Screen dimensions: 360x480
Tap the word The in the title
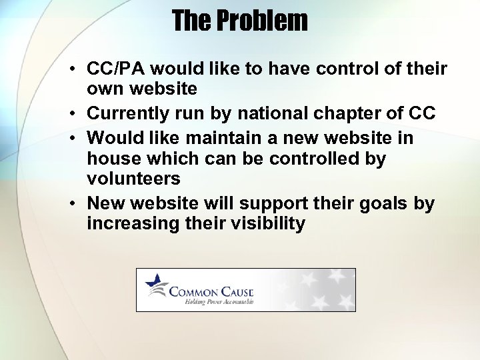pyautogui.click(x=189, y=21)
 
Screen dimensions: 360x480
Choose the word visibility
pyautogui.click(x=267, y=223)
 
